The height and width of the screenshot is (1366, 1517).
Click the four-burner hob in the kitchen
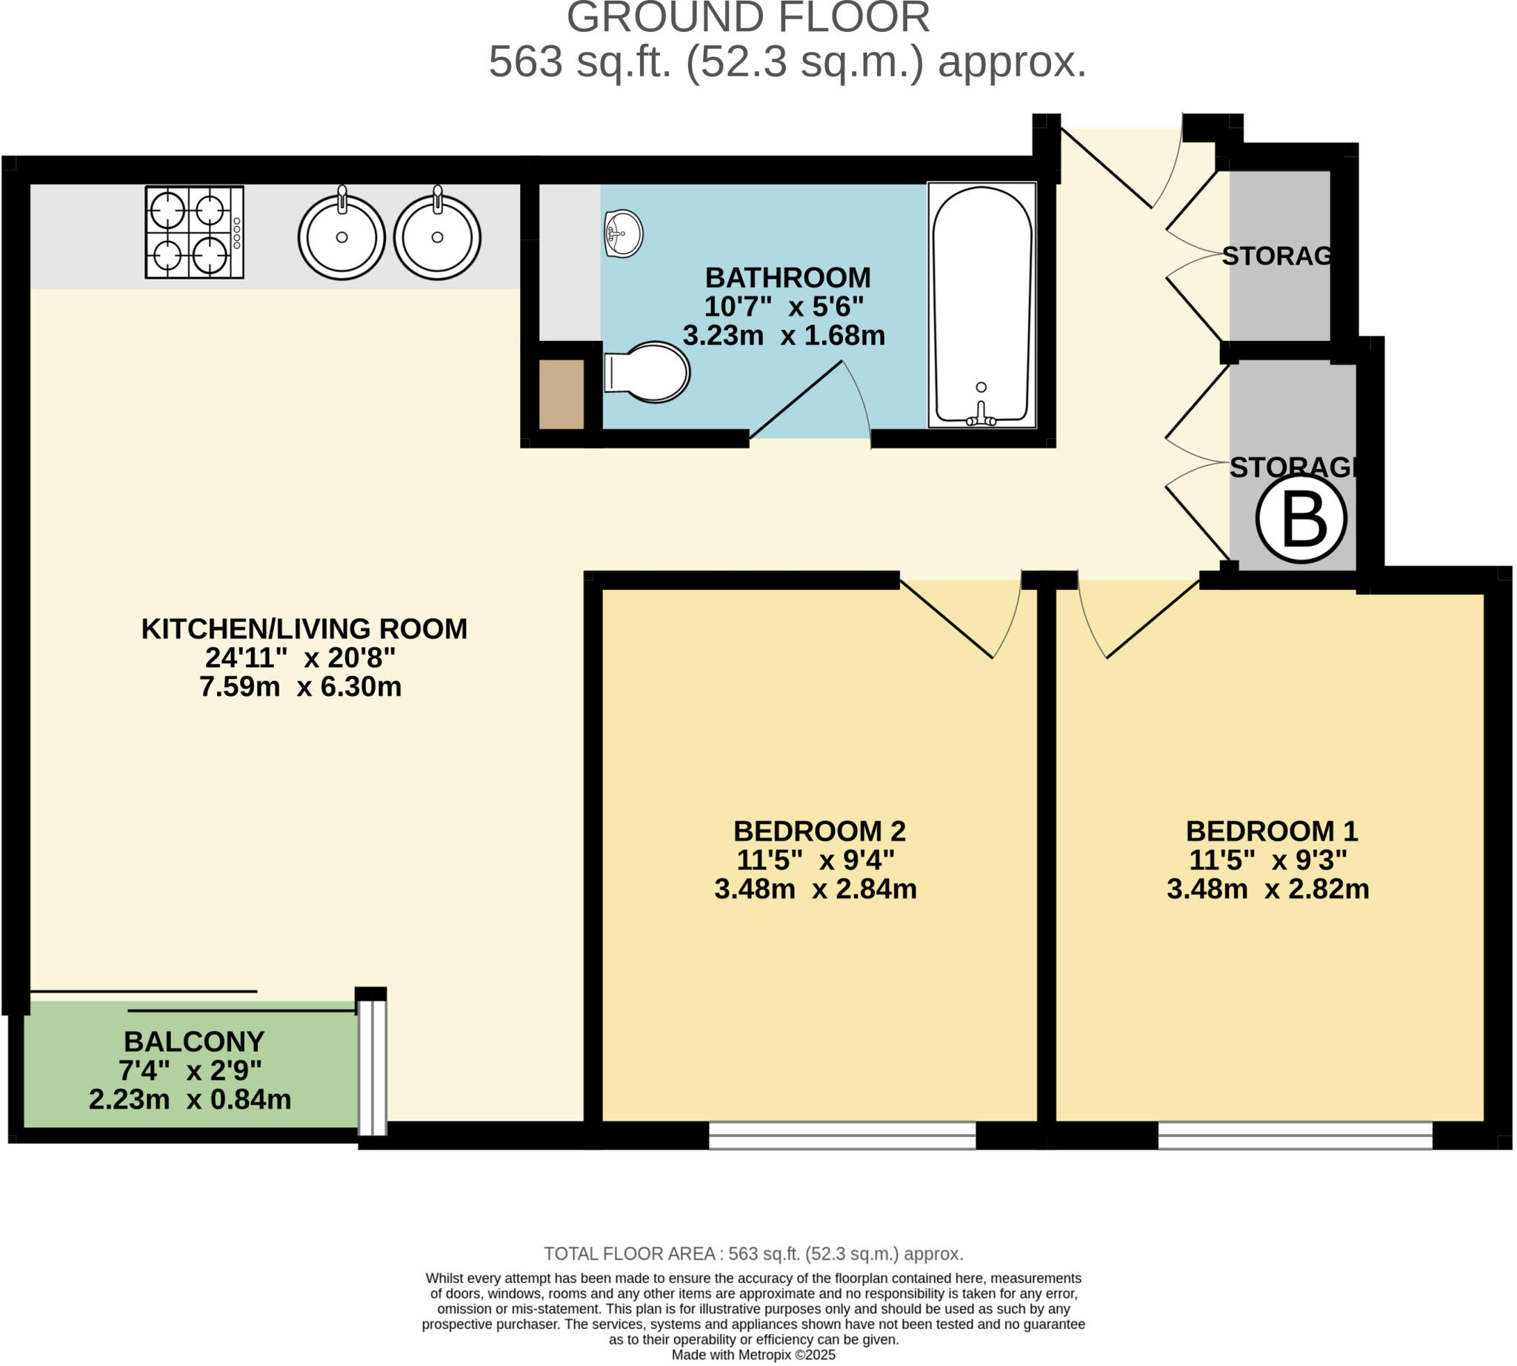194,232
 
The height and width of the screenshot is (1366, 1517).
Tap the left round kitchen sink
341,236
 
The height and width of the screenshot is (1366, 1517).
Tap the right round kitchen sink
436,236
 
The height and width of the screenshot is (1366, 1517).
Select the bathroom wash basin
623,233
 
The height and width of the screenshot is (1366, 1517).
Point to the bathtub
981,305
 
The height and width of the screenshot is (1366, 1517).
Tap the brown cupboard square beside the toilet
561,394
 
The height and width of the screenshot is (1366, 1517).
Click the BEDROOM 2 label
819,831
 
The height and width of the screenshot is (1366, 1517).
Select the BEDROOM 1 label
1272,831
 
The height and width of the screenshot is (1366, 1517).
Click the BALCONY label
193,1042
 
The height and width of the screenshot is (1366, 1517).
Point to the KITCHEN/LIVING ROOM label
304,629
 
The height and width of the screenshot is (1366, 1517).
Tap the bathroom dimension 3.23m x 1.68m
783,336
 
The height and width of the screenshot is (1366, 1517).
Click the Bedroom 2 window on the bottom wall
841,1135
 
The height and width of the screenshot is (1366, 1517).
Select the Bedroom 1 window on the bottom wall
1295,1135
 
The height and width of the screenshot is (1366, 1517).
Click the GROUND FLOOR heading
748,18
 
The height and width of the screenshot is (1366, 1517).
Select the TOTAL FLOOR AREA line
753,1253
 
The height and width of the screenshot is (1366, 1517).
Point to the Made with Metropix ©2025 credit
753,1355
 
